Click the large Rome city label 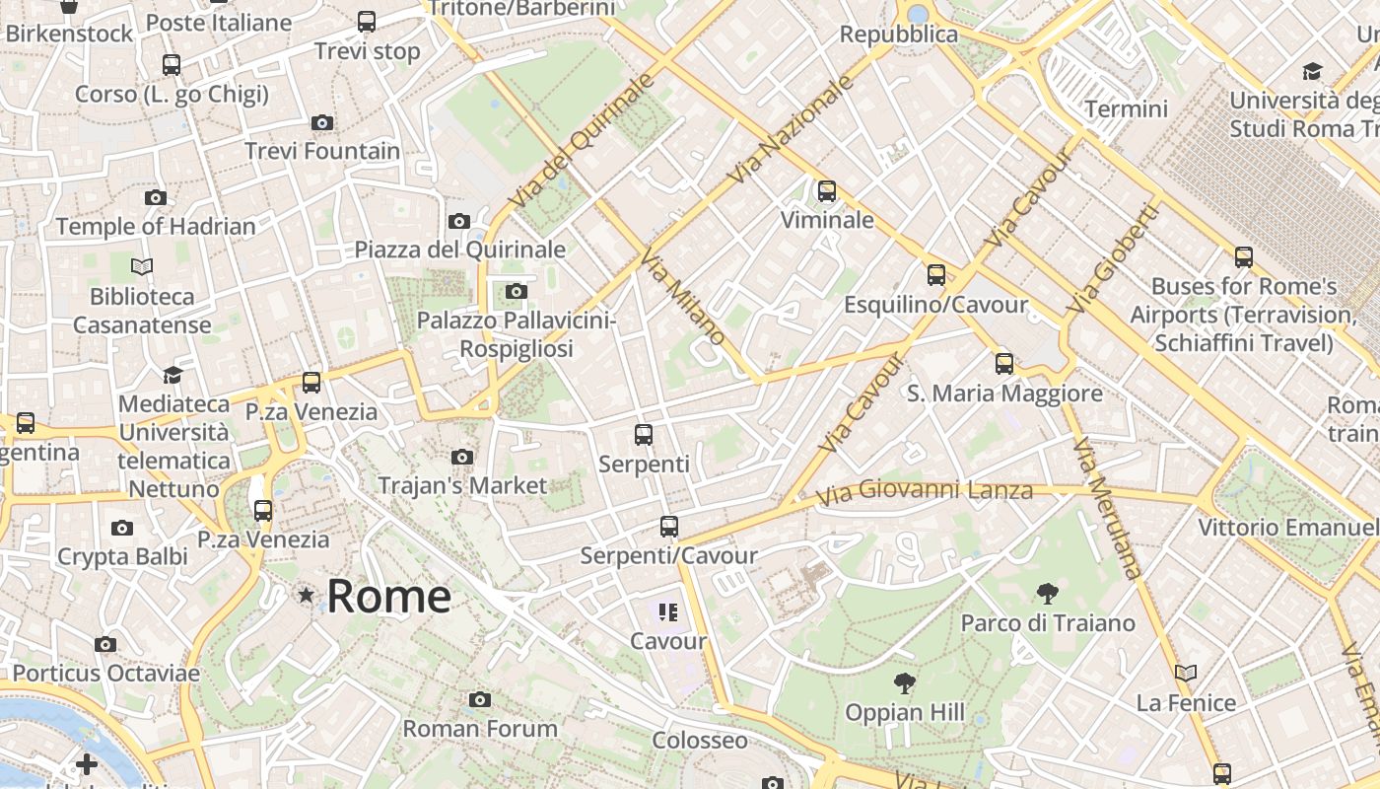pyautogui.click(x=388, y=596)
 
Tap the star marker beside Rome pyautogui.click(x=307, y=595)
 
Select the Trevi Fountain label pyautogui.click(x=322, y=151)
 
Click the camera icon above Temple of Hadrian pyautogui.click(x=155, y=197)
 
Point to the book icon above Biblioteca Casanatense pyautogui.click(x=142, y=266)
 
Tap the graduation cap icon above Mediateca pyautogui.click(x=172, y=375)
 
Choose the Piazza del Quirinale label pyautogui.click(x=460, y=249)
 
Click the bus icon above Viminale pyautogui.click(x=827, y=190)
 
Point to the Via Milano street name pyautogui.click(x=683, y=296)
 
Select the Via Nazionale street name pyautogui.click(x=791, y=128)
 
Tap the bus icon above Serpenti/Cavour pyautogui.click(x=669, y=526)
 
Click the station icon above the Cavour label pyautogui.click(x=669, y=612)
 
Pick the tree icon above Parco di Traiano pyautogui.click(x=1048, y=593)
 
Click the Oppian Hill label pyautogui.click(x=905, y=712)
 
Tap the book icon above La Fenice pyautogui.click(x=1186, y=673)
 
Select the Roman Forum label pyautogui.click(x=480, y=728)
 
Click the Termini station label pyautogui.click(x=1126, y=108)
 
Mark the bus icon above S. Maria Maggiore pyautogui.click(x=1004, y=364)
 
